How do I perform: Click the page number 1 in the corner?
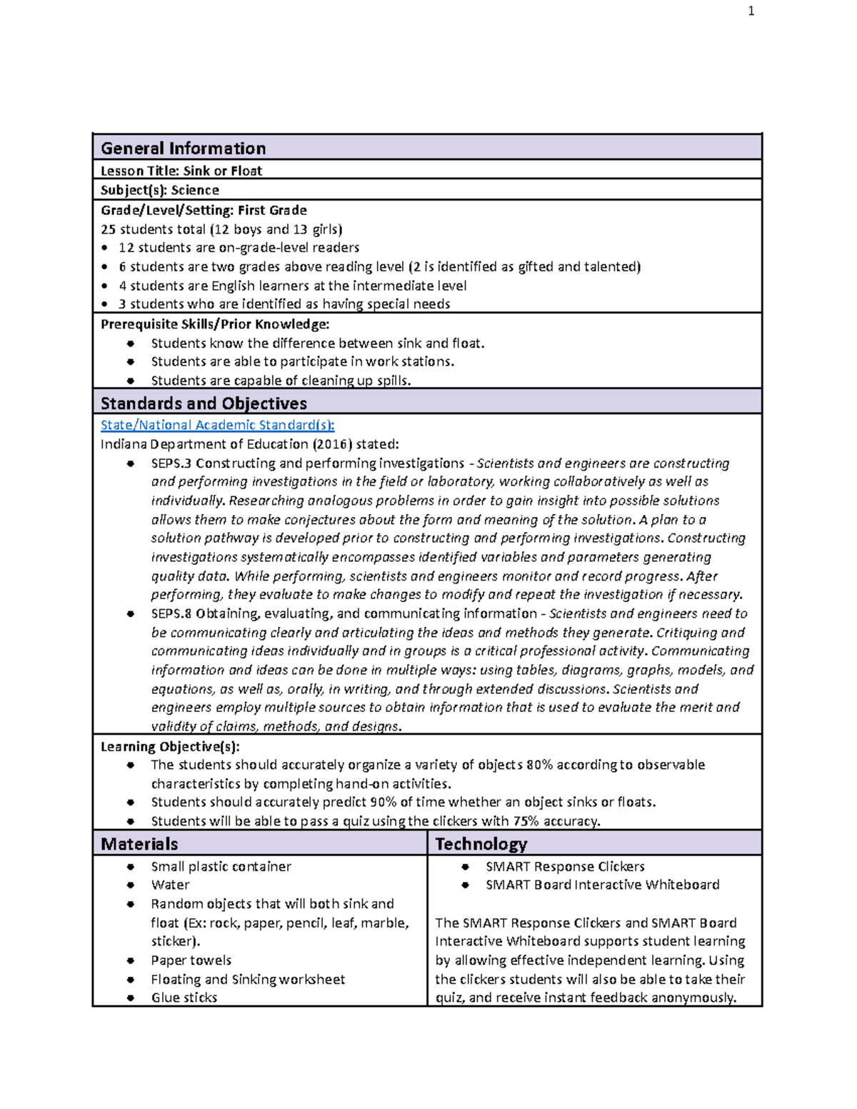pos(751,11)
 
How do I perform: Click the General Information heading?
pos(183,148)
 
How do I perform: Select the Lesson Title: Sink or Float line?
pos(181,171)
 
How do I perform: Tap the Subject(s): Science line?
pos(160,190)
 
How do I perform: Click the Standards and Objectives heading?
pos(204,403)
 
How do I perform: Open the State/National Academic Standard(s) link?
pos(217,425)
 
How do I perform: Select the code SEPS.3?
pos(171,463)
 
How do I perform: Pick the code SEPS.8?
pos(171,613)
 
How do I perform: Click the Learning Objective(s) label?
pos(170,746)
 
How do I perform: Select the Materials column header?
pos(139,844)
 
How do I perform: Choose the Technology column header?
pos(481,844)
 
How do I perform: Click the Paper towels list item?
pos(191,960)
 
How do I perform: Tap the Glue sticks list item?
pos(184,998)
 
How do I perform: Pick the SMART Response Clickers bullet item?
pos(565,866)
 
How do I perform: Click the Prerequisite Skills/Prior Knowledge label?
pos(215,324)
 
